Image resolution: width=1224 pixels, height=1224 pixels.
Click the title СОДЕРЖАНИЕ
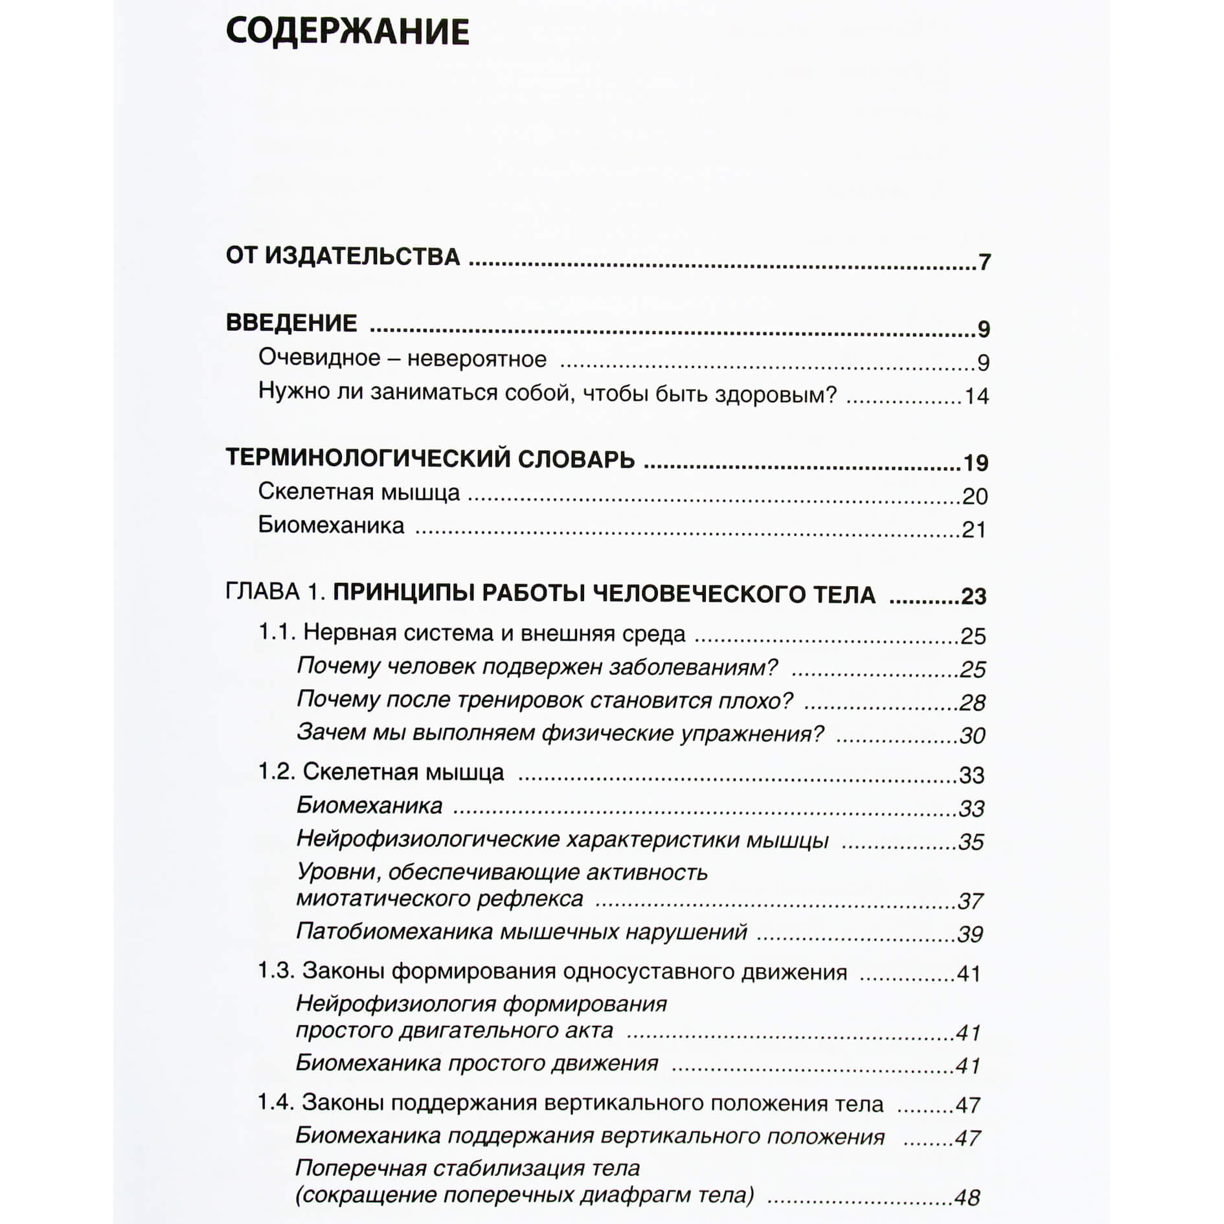coord(347,32)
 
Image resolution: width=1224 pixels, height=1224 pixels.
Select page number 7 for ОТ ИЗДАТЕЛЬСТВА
coord(984,262)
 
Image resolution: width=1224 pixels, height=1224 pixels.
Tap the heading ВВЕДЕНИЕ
coord(291,323)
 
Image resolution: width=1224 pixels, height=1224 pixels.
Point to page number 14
coord(976,396)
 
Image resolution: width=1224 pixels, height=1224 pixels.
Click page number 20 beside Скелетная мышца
coord(974,496)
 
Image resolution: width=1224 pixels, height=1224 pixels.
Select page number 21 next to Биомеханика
coord(973,530)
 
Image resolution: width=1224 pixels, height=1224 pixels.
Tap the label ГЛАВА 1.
coord(275,591)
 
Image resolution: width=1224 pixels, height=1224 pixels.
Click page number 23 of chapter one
coord(973,596)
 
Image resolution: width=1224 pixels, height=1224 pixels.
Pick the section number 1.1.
coord(277,631)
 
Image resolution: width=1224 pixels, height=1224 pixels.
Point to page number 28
coord(972,703)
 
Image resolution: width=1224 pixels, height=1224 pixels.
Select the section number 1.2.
coord(277,771)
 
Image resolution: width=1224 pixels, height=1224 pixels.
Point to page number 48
coord(967,1197)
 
